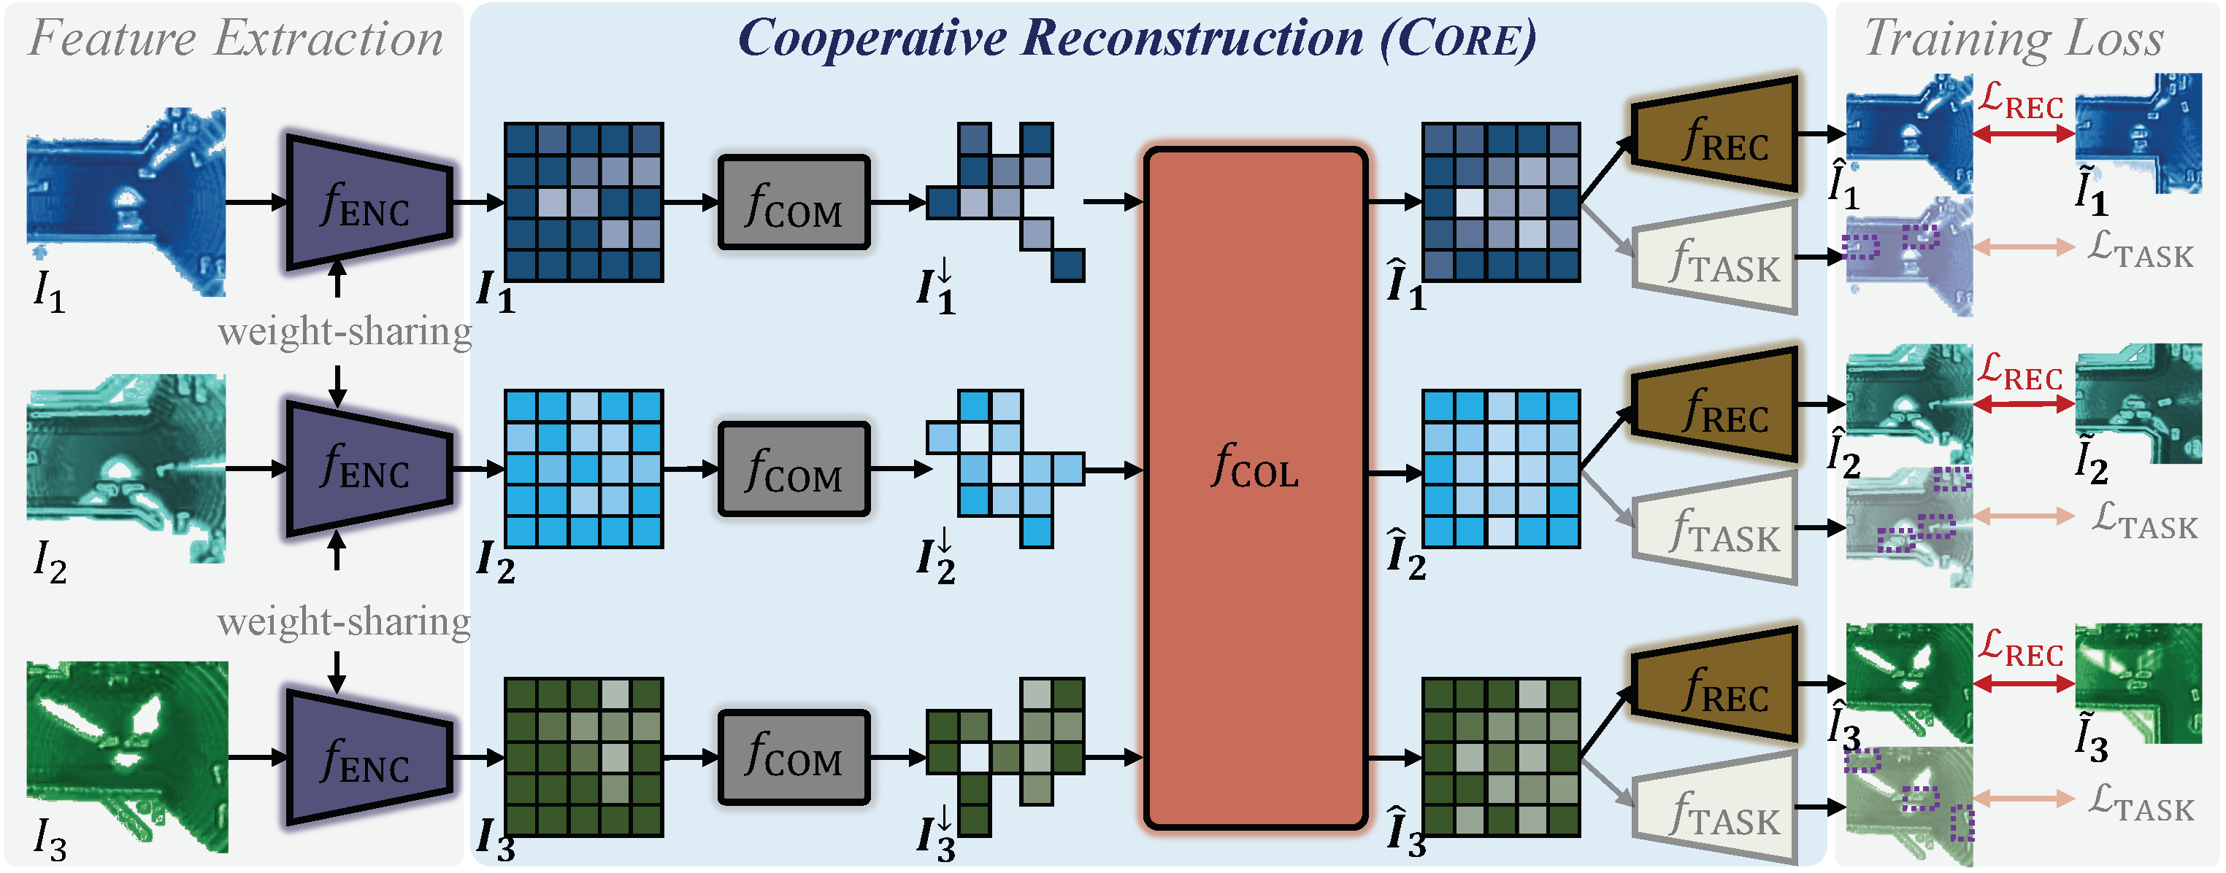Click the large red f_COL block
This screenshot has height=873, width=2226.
pos(1255,488)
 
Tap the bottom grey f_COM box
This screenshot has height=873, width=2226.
pos(794,757)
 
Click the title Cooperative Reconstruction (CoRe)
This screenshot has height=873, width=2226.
pos(1135,39)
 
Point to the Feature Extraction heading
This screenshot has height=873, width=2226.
pos(235,39)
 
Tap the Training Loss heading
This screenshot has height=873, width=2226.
pos(2014,39)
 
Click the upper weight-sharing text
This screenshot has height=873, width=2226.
pos(344,332)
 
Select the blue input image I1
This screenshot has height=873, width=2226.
pos(126,201)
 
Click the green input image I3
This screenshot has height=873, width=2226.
pos(128,756)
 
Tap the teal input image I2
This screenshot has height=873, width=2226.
pos(126,468)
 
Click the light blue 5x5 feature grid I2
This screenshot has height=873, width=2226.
pos(584,468)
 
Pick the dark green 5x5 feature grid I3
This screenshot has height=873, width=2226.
pos(584,756)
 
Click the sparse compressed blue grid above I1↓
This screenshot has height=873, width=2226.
pos(1005,201)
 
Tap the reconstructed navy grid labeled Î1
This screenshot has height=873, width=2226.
pos(1501,202)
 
